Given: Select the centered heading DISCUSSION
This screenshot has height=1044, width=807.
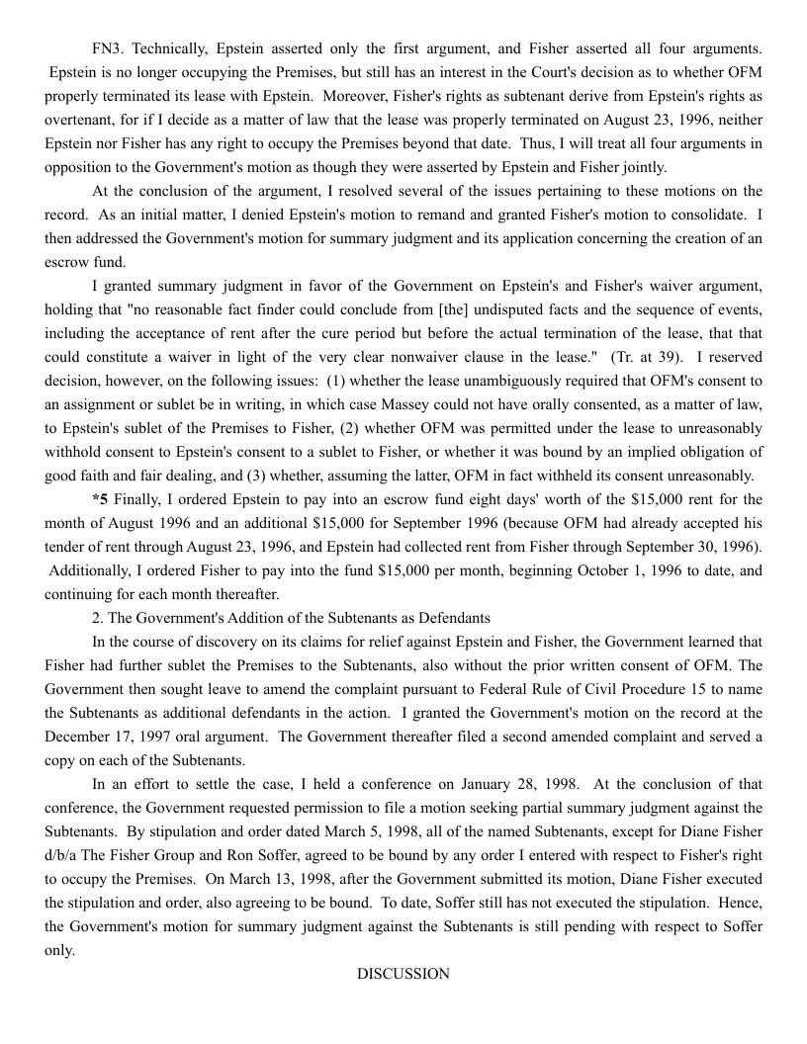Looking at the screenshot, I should pyautogui.click(x=403, y=974).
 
